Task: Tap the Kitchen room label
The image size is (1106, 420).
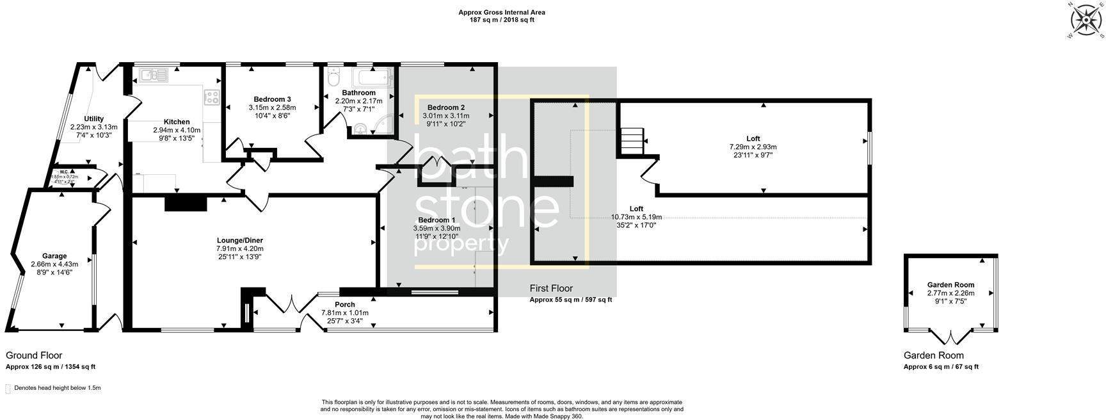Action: [177, 122]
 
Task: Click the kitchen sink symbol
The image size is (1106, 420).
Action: [154, 76]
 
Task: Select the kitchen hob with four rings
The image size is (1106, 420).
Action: [211, 97]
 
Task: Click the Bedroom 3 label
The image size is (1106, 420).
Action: [272, 99]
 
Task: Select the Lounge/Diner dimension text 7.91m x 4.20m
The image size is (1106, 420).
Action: [240, 248]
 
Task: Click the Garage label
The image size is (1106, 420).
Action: [54, 256]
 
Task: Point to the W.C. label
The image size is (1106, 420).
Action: [64, 172]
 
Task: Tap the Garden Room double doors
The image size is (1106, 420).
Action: [950, 336]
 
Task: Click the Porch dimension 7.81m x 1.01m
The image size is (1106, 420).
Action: [344, 313]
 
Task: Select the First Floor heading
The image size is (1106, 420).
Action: [551, 289]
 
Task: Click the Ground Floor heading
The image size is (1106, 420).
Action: [34, 355]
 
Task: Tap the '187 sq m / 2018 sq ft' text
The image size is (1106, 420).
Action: [502, 20]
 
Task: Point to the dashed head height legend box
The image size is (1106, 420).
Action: [8, 389]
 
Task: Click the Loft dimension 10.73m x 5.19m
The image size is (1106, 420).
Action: [636, 217]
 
